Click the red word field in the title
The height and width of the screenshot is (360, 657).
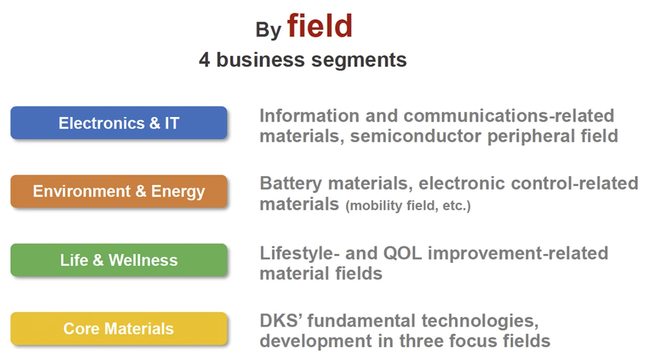coord(319,26)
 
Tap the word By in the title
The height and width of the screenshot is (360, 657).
coord(268,30)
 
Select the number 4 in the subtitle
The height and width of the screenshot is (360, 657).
coord(205,60)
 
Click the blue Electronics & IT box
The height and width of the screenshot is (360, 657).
coord(119,123)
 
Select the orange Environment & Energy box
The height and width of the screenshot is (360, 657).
coord(119,191)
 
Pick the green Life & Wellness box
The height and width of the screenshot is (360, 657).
coord(119,260)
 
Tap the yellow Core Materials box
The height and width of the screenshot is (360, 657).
coord(119,328)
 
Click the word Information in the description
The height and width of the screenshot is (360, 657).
coord(309,116)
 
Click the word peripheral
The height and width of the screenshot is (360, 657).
coord(531,137)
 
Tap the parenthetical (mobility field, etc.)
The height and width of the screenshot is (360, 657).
coord(408,206)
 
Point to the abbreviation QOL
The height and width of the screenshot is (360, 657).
coord(402,253)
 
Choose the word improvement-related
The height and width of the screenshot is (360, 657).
coord(518,254)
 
